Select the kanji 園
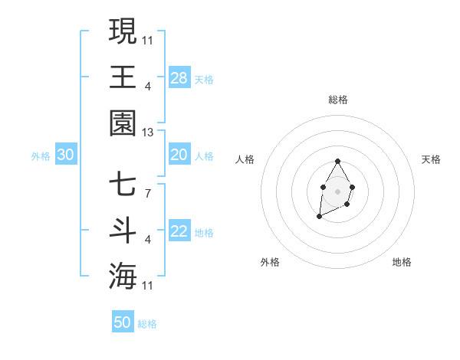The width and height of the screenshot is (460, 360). [x=123, y=123]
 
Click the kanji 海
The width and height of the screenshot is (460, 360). [x=123, y=276]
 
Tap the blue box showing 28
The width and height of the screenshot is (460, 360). [x=179, y=78]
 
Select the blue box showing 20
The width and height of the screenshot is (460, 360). [x=179, y=155]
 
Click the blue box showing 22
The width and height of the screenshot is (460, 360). [x=179, y=231]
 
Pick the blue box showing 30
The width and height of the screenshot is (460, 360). [x=66, y=155]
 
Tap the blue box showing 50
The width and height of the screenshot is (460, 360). [x=123, y=322]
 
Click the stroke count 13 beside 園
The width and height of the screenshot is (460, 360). [x=148, y=133]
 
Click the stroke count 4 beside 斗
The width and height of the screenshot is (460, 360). [x=148, y=240]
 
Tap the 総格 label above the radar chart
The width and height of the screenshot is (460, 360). [x=338, y=100]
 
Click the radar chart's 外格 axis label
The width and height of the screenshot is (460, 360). [x=270, y=262]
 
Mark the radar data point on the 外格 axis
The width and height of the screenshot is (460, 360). [x=319, y=217]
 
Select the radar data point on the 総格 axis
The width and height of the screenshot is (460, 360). [x=338, y=161]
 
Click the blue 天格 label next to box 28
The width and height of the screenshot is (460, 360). [x=204, y=79]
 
